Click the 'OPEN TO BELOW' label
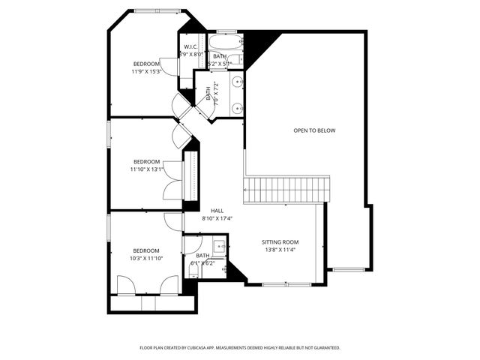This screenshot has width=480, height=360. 314,130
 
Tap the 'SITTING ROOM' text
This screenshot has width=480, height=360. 280,242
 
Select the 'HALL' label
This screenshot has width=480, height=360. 217,211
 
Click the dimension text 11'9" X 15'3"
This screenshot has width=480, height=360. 146,72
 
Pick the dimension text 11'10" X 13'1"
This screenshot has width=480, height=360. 146,169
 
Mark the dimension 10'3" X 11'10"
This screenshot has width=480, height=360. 146,259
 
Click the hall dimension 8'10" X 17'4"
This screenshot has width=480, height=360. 217,218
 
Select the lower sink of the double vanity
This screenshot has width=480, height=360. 237,108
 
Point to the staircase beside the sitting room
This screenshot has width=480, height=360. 287,189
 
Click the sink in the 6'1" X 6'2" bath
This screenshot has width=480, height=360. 220,245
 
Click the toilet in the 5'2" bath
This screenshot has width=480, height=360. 234,59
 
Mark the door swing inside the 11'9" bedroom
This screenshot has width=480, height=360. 169,68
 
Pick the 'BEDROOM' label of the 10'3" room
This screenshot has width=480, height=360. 146,250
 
